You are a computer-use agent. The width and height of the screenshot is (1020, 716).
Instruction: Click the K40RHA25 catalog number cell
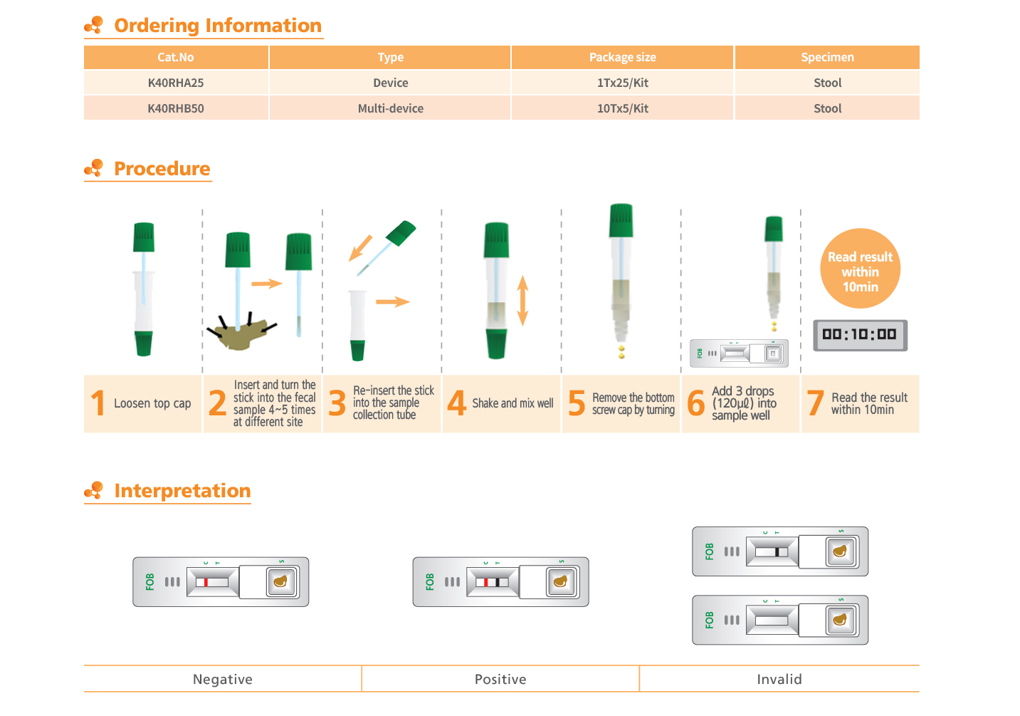176,83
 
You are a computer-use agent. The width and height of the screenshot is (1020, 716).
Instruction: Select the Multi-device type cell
390,108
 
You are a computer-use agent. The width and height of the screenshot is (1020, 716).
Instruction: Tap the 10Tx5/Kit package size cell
623,108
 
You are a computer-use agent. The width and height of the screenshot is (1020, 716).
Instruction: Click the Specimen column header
827,57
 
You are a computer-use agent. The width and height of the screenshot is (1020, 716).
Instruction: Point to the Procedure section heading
162,169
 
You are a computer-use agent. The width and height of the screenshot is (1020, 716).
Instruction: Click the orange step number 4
456,403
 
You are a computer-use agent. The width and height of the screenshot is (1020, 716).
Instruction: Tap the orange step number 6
696,403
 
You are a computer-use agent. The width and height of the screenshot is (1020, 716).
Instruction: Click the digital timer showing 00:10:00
860,335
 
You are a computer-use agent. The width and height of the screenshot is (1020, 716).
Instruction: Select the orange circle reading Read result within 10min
860,268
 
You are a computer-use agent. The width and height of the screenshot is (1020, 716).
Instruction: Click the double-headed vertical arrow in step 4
522,301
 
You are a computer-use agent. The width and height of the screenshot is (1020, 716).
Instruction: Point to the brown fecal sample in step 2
241,334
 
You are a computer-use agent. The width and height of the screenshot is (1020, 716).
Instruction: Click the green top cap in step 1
144,237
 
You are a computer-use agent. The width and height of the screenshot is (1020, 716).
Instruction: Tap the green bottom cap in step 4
496,343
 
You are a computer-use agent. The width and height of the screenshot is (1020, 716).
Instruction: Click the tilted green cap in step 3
401,233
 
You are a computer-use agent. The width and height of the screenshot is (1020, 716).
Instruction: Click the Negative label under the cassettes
223,679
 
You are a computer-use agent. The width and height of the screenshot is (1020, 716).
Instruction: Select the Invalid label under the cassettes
779,679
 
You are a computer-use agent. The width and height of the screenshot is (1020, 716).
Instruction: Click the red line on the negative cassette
206,582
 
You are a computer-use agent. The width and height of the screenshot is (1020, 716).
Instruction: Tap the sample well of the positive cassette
561,581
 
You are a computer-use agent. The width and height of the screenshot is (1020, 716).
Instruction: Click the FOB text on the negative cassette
149,582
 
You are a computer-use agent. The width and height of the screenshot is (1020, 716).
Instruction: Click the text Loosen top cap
152,403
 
